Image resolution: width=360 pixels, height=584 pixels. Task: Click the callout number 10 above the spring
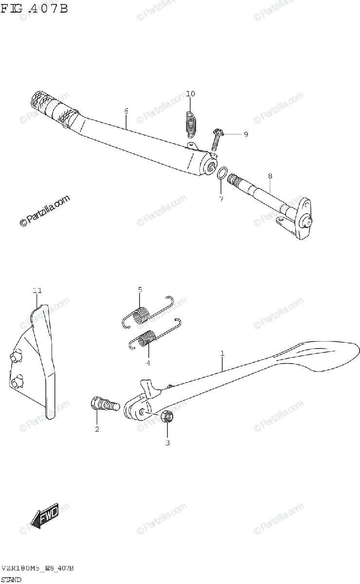pos(190,94)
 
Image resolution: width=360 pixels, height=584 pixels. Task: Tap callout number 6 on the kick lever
pos(126,111)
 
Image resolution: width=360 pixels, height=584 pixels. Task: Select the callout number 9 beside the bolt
pos(246,134)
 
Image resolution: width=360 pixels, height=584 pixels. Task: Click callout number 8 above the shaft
pos(270,176)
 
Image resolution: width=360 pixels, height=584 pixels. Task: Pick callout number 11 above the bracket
pos(37,291)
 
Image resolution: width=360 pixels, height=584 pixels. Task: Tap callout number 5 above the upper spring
pos(140,290)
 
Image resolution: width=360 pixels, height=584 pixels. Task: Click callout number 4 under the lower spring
pos(148,363)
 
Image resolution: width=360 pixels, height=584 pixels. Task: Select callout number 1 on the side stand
pos(222,353)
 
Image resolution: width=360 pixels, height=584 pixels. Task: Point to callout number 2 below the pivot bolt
pos(97,429)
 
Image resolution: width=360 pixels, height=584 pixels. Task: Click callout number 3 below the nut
pos(167,442)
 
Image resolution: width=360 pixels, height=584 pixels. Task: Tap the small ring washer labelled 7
pos(221,173)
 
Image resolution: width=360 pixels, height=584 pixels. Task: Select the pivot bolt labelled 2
pos(104,404)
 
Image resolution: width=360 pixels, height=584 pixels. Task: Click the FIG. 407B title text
pos(34,8)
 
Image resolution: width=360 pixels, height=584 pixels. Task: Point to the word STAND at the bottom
pos(11,579)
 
